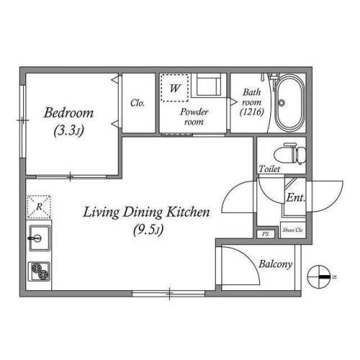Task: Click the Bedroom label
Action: pyautogui.click(x=68, y=113)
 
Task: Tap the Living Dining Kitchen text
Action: pyautogui.click(x=146, y=212)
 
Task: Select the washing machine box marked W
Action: pyautogui.click(x=174, y=88)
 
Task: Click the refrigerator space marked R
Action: pyautogui.click(x=39, y=207)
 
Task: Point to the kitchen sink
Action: pyautogui.click(x=40, y=238)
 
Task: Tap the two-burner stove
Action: pyautogui.click(x=40, y=271)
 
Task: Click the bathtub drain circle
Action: pyautogui.click(x=282, y=103)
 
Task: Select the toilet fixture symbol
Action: pyautogui.click(x=290, y=153)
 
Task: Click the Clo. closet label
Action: pyautogui.click(x=138, y=103)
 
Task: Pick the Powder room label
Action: pyautogui.click(x=194, y=117)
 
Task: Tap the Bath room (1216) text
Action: pyautogui.click(x=252, y=102)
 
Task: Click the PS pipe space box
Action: pyautogui.click(x=266, y=234)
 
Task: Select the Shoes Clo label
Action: pyautogui.click(x=292, y=230)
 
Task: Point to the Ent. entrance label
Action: pyautogui.click(x=296, y=198)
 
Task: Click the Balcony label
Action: pyautogui.click(x=276, y=264)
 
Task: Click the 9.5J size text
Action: pyautogui.click(x=148, y=230)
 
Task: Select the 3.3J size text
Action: pyautogui.click(x=69, y=131)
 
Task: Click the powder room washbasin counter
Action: pyautogui.click(x=208, y=85)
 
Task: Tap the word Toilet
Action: pyautogui.click(x=269, y=169)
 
